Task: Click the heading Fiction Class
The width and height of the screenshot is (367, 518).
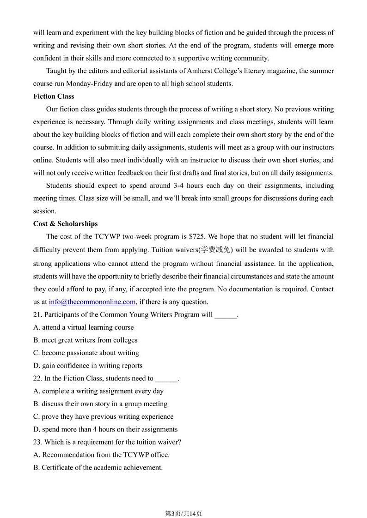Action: click(54, 96)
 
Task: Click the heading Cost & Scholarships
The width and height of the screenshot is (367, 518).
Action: click(65, 224)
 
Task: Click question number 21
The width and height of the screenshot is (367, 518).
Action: click(37, 315)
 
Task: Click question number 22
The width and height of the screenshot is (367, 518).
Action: click(37, 379)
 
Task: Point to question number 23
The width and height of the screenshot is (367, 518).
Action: click(37, 442)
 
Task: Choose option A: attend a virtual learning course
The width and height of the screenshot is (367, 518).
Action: click(84, 327)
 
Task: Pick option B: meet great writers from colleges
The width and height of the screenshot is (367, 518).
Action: click(86, 340)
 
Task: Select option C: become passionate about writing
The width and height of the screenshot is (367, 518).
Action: click(86, 353)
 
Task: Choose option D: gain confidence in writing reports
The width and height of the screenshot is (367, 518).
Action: click(88, 366)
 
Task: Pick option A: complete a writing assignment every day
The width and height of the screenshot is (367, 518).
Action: click(98, 391)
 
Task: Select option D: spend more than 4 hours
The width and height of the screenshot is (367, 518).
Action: click(105, 429)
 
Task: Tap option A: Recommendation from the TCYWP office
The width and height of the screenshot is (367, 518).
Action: click(102, 455)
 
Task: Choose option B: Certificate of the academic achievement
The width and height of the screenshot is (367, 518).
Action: click(98, 468)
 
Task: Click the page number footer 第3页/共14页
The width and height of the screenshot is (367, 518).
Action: click(183, 500)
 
